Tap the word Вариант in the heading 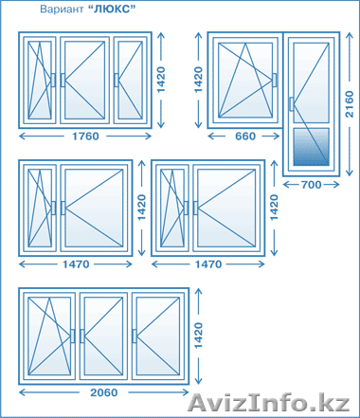tap(62, 9)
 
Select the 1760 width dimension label tap(85, 136)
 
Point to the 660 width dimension tap(245, 136)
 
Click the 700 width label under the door tap(311, 185)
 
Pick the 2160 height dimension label tap(350, 104)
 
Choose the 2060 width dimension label tap(104, 392)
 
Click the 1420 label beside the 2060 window tap(198, 336)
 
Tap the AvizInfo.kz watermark tap(269, 402)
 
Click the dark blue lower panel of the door tap(312, 147)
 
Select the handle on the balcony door tap(291, 104)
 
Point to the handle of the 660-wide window tap(275, 80)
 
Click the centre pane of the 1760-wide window tap(84, 80)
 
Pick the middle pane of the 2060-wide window tap(103, 336)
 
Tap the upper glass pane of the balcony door tap(312, 82)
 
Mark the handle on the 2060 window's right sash tap(135, 336)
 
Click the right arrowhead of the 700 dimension tap(336, 185)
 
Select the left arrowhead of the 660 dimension tap(211, 136)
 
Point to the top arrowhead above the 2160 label tap(350, 35)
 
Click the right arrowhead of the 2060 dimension tap(186, 392)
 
